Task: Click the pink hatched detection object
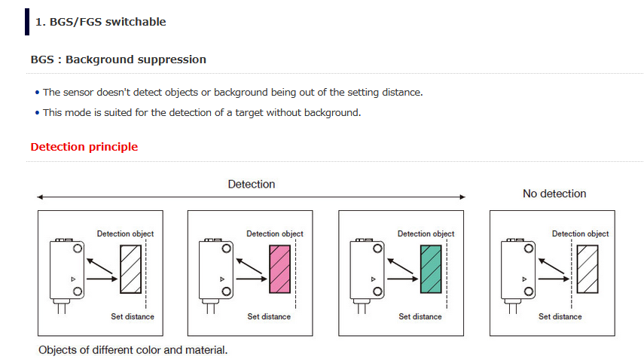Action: click(279, 270)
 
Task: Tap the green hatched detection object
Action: click(431, 270)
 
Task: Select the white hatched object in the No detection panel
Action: click(588, 270)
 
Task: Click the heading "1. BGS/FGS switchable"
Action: click(101, 22)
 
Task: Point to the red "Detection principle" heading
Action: click(84, 147)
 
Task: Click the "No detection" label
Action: click(554, 194)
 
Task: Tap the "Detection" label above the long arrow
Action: click(252, 185)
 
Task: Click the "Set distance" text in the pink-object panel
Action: click(269, 316)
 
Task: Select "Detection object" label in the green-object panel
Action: click(426, 233)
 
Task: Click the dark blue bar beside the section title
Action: click(27, 22)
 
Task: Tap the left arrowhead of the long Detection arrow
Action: click(40, 197)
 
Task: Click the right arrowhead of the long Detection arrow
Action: click(462, 197)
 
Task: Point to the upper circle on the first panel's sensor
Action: click(78, 249)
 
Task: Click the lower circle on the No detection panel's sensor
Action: click(529, 291)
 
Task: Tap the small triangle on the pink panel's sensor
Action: click(222, 279)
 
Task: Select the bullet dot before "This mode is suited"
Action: click(38, 112)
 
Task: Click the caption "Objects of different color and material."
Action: click(133, 350)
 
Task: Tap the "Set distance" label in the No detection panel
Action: click(560, 316)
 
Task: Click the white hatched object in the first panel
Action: click(130, 270)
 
